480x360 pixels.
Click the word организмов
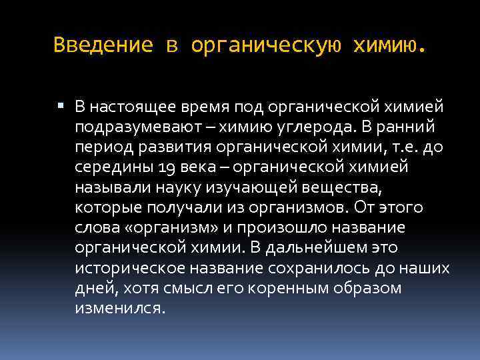(299, 208)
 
